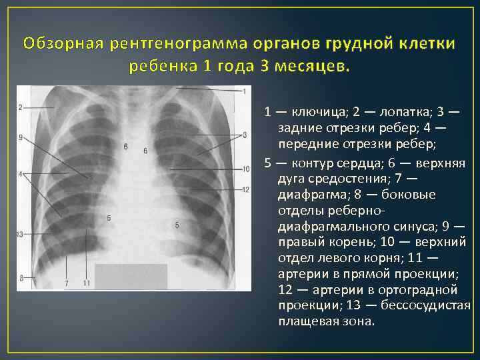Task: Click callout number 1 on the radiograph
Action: click(x=245, y=91)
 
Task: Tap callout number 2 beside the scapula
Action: click(x=21, y=107)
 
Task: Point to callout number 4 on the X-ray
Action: click(x=21, y=175)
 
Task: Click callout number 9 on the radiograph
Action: click(x=21, y=138)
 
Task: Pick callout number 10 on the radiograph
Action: click(x=246, y=169)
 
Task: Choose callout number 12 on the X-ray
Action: click(x=246, y=190)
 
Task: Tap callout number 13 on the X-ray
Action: click(x=20, y=235)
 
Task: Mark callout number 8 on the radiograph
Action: click(x=21, y=277)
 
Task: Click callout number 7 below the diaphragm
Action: click(x=66, y=284)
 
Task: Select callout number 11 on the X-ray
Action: click(x=87, y=284)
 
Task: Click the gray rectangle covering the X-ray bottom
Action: click(x=131, y=276)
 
